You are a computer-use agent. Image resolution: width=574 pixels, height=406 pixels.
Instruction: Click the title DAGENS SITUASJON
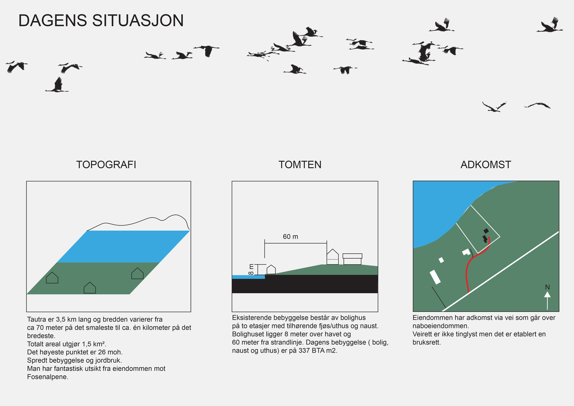pos(101,20)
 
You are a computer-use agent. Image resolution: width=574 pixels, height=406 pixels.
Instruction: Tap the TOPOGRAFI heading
pos(106,165)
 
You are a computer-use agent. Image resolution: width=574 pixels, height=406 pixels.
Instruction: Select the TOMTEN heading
pos(300,165)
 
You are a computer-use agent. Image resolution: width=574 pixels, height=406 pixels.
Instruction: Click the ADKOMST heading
pos(486,165)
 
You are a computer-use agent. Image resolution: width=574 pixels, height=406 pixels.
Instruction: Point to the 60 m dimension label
pos(290,237)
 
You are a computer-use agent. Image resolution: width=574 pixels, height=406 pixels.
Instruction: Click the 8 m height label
pos(251,270)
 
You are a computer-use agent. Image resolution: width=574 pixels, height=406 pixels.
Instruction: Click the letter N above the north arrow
pos(547,287)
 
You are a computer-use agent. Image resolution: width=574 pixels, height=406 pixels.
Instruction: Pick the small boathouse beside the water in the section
pos(271,270)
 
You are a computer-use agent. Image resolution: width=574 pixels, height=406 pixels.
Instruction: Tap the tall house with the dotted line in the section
pos(332,257)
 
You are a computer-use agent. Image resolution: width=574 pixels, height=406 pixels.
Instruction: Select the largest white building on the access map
pos(435,277)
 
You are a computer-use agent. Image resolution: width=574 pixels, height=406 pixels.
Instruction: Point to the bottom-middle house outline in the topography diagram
pos(90,288)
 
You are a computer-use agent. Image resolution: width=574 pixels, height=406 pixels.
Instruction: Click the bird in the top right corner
pos(550,25)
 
